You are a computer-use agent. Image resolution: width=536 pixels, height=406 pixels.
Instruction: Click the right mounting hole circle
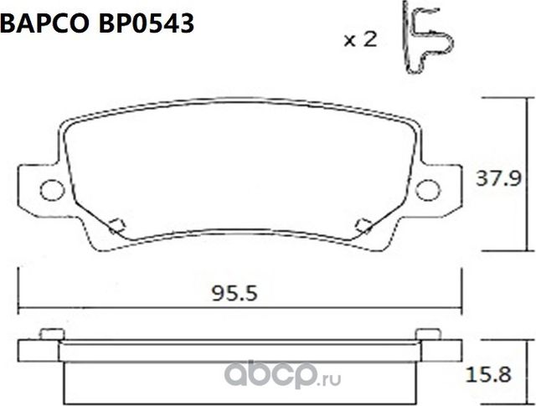point(429,189)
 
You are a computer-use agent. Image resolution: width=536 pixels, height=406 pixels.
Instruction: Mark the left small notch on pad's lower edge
point(116,223)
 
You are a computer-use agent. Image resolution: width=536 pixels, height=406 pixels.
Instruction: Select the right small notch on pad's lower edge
point(363,223)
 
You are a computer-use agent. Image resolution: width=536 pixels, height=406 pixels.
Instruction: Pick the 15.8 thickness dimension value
point(505,374)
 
